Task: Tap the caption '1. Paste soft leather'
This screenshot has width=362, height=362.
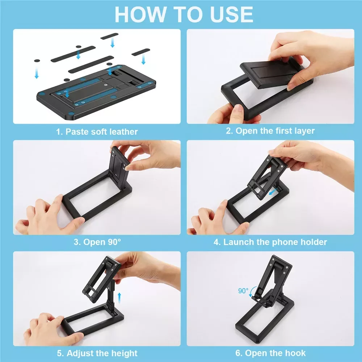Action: pos(97,132)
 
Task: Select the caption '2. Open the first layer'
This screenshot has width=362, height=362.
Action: pos(270,131)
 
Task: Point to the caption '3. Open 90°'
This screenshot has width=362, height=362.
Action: pos(97,242)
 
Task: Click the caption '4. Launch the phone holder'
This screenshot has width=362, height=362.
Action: pos(270,242)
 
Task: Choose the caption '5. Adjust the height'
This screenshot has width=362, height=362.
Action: pos(97,353)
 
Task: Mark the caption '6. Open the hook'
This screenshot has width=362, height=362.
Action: pos(270,353)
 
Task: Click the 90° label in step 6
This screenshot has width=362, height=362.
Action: pos(243,291)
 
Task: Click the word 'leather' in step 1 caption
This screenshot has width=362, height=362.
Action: pos(123,132)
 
